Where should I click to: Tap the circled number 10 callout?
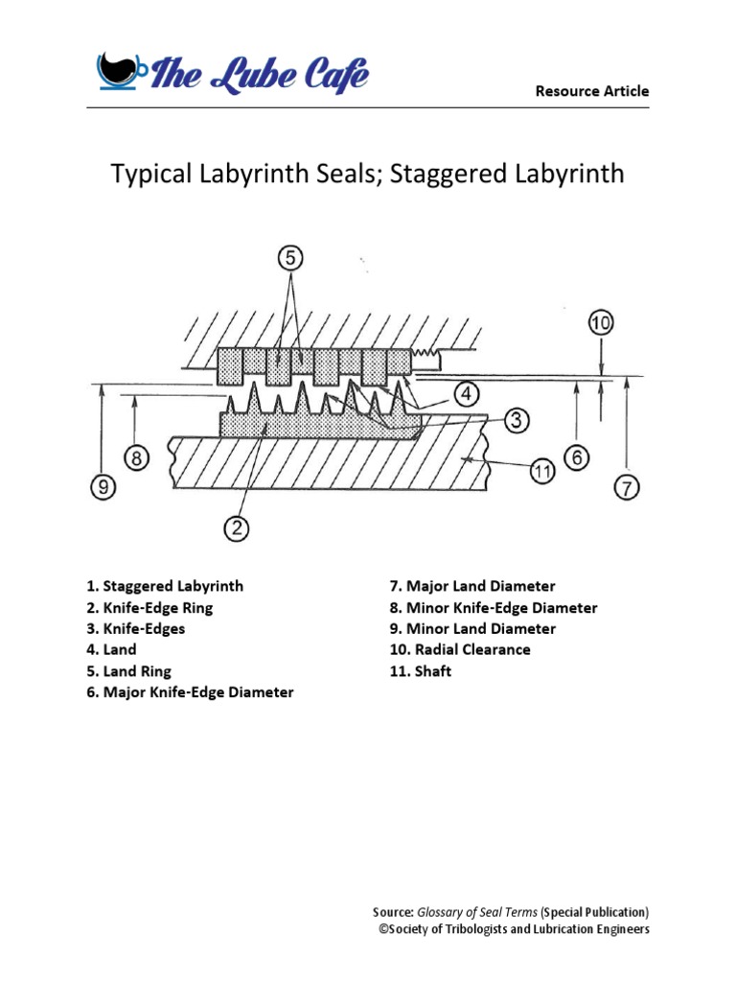(601, 323)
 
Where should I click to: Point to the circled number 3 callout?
(515, 419)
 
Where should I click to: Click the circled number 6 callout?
(576, 458)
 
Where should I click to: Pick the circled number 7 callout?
(626, 488)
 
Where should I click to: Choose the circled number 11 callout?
(542, 470)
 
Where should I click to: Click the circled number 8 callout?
(137, 459)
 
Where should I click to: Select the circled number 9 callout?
(102, 488)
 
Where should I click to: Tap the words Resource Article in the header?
(591, 91)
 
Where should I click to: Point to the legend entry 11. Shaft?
(420, 670)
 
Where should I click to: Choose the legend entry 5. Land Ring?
(128, 670)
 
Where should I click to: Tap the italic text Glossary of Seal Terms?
(476, 911)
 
